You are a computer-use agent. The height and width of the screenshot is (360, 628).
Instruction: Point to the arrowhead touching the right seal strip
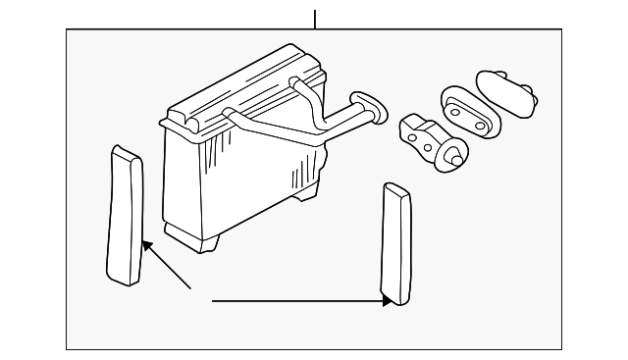point(387,301)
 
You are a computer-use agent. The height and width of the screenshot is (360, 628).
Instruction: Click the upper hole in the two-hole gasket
point(455,100)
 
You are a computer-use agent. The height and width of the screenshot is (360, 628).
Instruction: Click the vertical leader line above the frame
point(315,19)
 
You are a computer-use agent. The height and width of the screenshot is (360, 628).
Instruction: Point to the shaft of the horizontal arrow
point(294,301)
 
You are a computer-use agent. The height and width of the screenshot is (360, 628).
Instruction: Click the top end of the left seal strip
point(123,151)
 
